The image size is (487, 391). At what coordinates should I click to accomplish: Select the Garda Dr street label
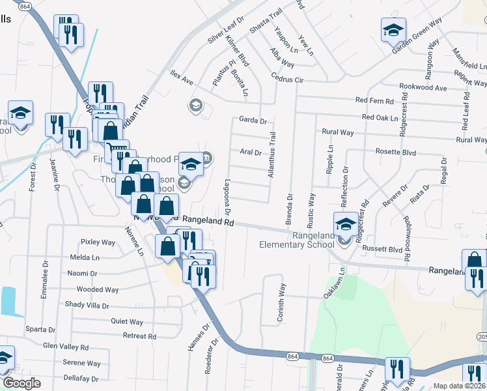coord(253,121)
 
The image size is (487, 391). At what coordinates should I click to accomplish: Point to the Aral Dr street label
coord(250,152)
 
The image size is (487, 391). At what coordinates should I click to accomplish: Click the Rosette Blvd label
coord(396,151)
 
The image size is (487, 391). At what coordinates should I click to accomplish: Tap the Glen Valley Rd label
coord(66,347)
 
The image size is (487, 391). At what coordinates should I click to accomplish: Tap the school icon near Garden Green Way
coord(393,30)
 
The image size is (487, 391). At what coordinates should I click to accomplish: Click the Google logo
coord(21,383)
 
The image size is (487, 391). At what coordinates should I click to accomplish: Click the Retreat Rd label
coord(139,336)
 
